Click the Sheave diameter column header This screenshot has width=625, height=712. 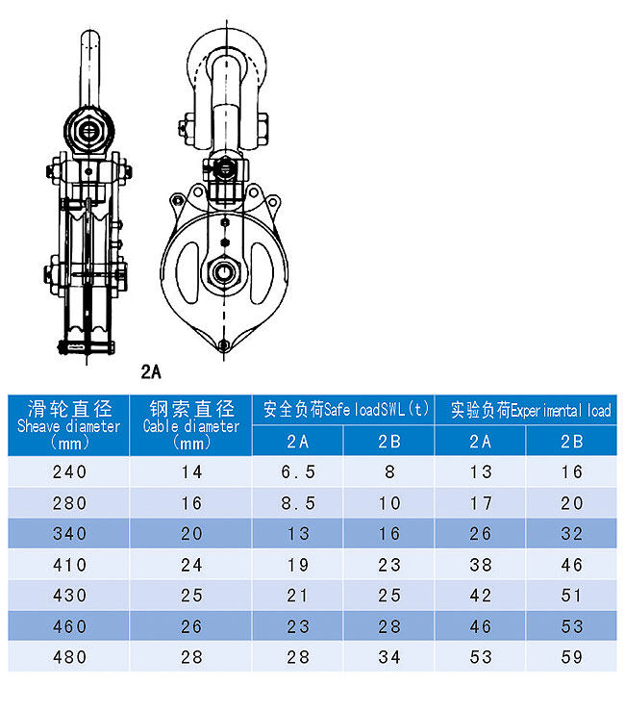(68, 425)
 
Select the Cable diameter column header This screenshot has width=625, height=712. (190, 425)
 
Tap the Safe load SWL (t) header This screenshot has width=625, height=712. (343, 410)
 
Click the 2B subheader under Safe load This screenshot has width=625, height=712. (389, 441)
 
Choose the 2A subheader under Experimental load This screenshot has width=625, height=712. (480, 441)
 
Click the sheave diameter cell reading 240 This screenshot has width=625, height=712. (69, 471)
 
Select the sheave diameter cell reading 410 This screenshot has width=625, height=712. (69, 565)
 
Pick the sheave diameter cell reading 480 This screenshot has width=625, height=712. (69, 657)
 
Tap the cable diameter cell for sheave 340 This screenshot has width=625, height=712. (191, 534)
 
